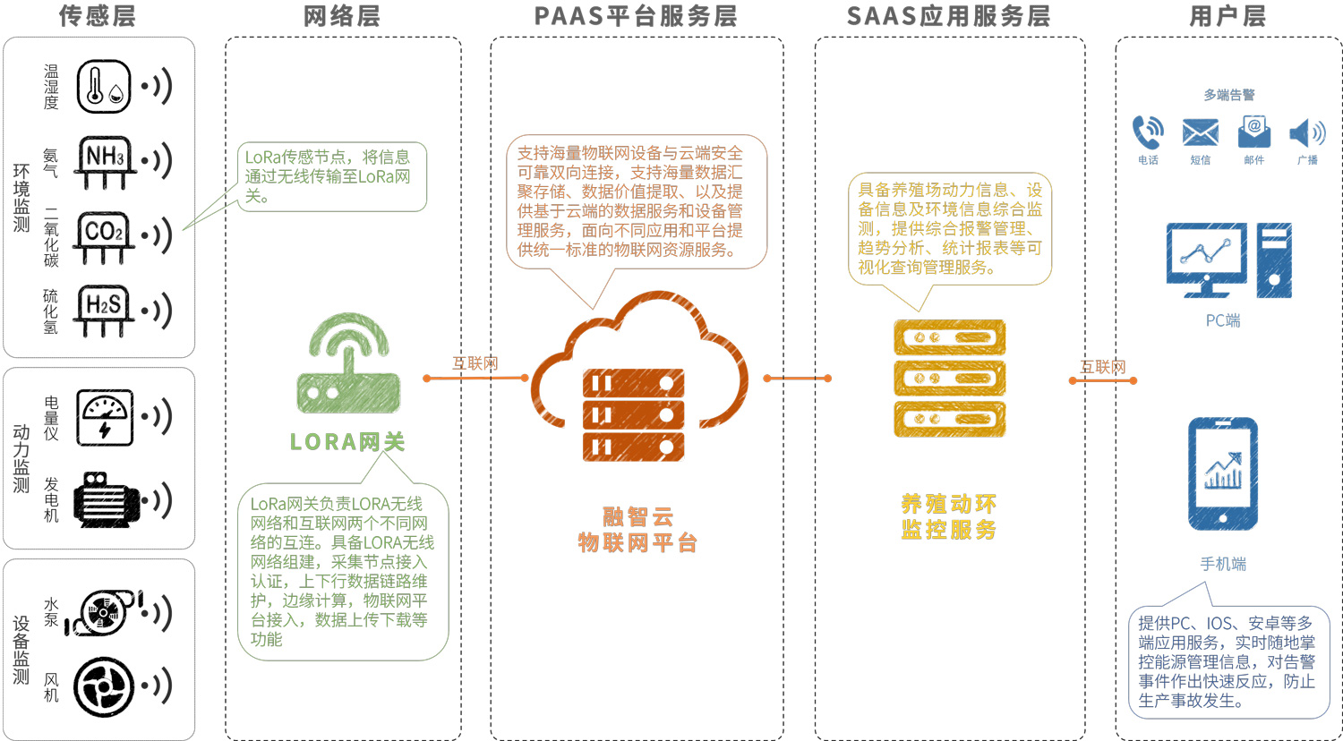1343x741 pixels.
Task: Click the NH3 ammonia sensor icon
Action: pyautogui.click(x=106, y=161)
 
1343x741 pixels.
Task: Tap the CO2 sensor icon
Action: pyautogui.click(x=104, y=235)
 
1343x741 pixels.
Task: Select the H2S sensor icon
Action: pyautogui.click(x=104, y=310)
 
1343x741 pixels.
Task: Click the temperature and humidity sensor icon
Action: pyautogui.click(x=104, y=87)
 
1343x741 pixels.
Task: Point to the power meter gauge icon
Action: pyautogui.click(x=105, y=417)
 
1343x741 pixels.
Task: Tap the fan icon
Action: pyautogui.click(x=104, y=687)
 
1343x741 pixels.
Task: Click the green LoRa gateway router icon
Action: pyautogui.click(x=348, y=363)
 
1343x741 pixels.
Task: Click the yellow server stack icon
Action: pyautogui.click(x=949, y=379)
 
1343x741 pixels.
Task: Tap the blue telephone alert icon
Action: pyautogui.click(x=1148, y=132)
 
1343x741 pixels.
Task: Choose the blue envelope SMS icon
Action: pyautogui.click(x=1200, y=132)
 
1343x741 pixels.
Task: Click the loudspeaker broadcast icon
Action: pyautogui.click(x=1307, y=133)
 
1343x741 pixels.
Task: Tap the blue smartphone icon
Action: pyautogui.click(x=1222, y=474)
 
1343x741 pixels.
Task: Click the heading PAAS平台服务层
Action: pyautogui.click(x=636, y=16)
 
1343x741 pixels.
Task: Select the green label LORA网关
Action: pyautogui.click(x=347, y=442)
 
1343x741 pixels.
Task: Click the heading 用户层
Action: pyautogui.click(x=1228, y=16)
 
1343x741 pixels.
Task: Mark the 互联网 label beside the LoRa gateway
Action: pyautogui.click(x=475, y=363)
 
